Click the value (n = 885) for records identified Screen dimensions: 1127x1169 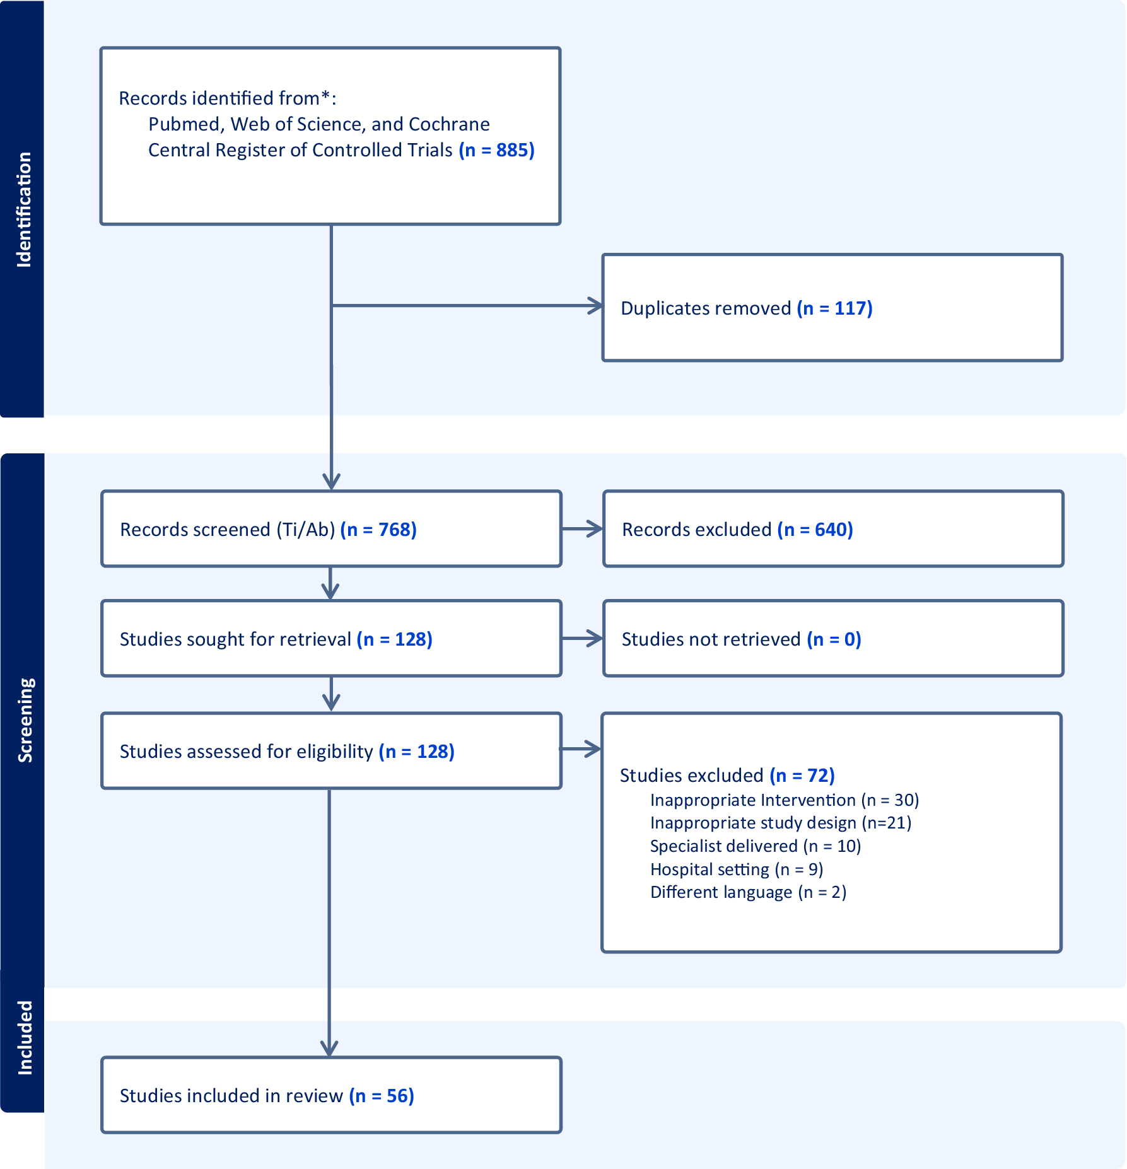496,150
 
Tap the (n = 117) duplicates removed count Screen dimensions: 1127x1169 834,308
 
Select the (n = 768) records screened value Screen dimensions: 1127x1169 378,530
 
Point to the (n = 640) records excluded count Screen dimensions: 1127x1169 815,530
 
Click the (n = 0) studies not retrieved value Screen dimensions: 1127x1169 834,639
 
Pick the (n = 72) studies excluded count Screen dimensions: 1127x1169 802,776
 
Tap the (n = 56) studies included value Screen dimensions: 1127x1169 382,1096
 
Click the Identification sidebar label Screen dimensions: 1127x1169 24,210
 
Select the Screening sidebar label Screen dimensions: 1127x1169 25,721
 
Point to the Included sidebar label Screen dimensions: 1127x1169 25,1038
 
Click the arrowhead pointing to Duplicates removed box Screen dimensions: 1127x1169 595,306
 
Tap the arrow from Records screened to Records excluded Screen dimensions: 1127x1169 582,529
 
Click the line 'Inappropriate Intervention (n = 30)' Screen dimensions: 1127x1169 785,800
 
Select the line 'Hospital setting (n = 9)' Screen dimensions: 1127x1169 737,869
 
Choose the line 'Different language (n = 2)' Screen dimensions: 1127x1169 749,892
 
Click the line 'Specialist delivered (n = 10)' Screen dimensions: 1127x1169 756,846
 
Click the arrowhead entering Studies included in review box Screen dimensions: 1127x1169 329,1048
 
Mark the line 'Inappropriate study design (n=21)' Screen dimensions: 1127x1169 781,823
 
